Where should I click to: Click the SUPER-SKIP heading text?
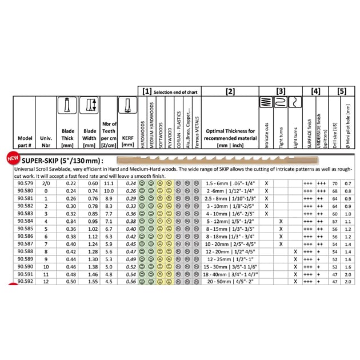(62, 161)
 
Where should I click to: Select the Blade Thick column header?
(67, 134)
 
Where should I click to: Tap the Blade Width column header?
(90, 134)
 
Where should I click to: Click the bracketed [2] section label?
(230, 91)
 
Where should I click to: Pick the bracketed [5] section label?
(341, 91)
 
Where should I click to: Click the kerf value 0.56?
(130, 281)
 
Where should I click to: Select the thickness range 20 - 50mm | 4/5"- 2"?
(230, 281)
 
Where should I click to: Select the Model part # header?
(25, 141)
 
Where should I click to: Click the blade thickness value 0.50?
(70, 281)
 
